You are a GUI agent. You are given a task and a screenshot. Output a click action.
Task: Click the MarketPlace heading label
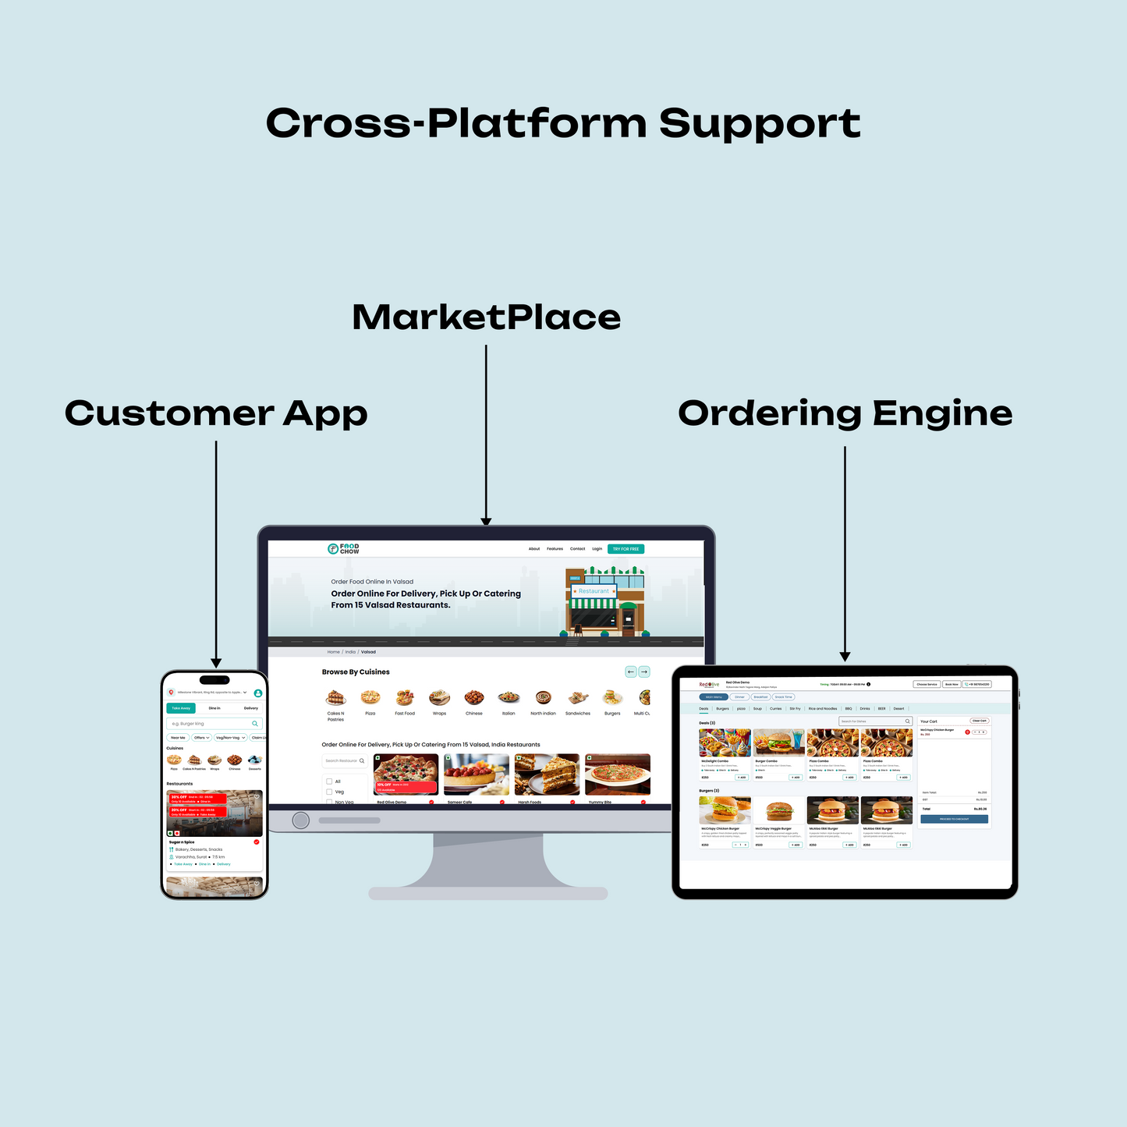486,317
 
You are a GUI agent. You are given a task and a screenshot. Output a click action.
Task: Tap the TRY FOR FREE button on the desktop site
626,549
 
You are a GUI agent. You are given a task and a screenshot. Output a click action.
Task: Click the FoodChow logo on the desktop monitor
344,549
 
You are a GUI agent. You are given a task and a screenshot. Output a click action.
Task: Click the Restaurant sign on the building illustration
594,591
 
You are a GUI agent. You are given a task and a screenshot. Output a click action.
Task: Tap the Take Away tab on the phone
181,708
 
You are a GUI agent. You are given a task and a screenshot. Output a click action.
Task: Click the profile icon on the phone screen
258,693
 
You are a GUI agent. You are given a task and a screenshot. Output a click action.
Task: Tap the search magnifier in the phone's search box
254,724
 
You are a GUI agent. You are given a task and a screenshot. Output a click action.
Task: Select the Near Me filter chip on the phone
178,738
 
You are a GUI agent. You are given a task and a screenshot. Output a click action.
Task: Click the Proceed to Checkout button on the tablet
954,819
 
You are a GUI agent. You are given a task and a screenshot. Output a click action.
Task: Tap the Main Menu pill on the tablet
713,697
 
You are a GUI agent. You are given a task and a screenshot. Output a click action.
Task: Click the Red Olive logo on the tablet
709,685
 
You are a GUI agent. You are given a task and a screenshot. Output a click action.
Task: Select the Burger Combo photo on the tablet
779,742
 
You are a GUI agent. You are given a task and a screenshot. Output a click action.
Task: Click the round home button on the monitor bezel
301,820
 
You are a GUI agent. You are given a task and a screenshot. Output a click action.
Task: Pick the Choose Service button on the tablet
927,684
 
